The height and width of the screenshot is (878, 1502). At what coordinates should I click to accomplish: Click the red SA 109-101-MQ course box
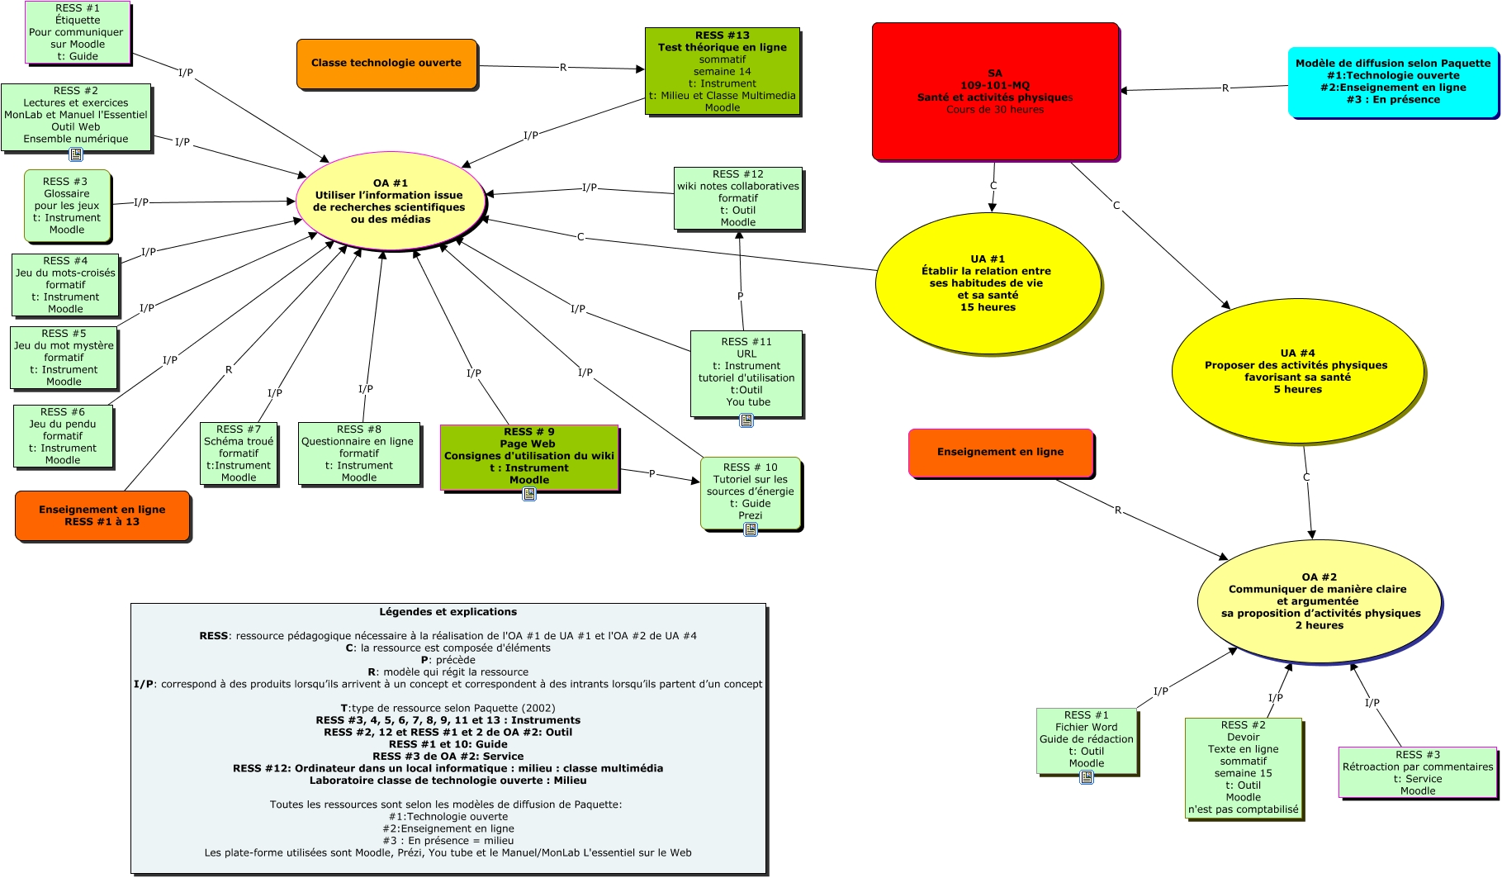pyautogui.click(x=995, y=91)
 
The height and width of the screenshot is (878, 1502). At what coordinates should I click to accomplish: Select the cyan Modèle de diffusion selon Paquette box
pyautogui.click(x=1392, y=82)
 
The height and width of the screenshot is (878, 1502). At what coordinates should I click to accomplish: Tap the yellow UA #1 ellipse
pyautogui.click(x=988, y=283)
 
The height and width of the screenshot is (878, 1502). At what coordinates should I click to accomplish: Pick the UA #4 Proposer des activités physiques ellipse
pyautogui.click(x=1296, y=371)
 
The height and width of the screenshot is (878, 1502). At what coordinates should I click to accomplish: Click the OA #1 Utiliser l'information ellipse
pyautogui.click(x=390, y=202)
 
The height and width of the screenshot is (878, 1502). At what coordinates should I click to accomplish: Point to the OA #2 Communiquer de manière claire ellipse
pyautogui.click(x=1320, y=601)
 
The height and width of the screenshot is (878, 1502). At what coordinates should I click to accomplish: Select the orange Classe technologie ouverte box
pyautogui.click(x=386, y=63)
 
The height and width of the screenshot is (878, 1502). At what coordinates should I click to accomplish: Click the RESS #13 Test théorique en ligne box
pyautogui.click(x=722, y=71)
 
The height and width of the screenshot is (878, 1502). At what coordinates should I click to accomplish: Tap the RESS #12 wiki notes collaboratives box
pyautogui.click(x=737, y=198)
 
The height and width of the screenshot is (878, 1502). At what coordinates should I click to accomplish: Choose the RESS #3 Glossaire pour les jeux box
pyautogui.click(x=67, y=206)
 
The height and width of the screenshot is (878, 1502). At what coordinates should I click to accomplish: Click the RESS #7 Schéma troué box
pyautogui.click(x=239, y=453)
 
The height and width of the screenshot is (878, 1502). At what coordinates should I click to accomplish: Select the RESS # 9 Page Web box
pyautogui.click(x=528, y=456)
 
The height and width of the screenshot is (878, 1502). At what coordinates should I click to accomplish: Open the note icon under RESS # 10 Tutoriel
pyautogui.click(x=751, y=529)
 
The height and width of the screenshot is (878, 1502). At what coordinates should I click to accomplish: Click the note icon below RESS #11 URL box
pyautogui.click(x=746, y=420)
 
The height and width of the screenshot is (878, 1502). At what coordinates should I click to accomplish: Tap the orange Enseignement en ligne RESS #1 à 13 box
pyautogui.click(x=102, y=515)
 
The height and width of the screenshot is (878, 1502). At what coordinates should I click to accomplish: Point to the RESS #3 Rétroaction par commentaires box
pyautogui.click(x=1417, y=772)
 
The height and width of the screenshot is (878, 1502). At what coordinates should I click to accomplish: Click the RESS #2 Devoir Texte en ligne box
pyautogui.click(x=1243, y=767)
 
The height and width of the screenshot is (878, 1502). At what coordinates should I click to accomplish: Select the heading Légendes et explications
pyautogui.click(x=448, y=612)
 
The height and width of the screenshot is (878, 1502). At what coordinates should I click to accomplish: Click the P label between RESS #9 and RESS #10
pyautogui.click(x=652, y=474)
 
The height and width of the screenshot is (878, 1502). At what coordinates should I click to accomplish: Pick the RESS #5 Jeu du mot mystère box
pyautogui.click(x=64, y=358)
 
